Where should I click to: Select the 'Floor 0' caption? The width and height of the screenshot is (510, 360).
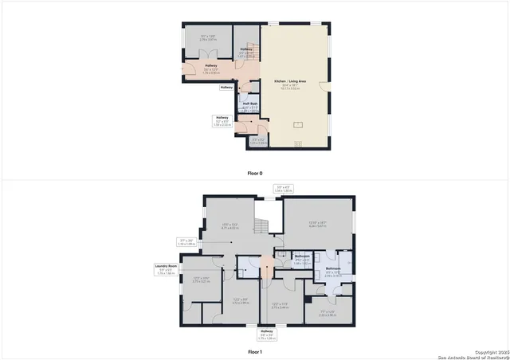click(254, 173)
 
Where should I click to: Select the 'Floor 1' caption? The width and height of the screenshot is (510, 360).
click(254, 351)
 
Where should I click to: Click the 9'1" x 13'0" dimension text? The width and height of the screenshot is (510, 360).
click(207, 37)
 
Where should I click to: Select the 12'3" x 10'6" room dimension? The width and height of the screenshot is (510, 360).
click(202, 280)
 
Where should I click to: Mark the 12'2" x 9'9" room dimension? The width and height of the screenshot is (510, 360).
click(241, 301)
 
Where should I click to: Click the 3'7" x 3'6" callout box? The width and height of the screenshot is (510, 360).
click(186, 242)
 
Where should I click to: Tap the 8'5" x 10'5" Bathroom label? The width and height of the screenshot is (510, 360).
click(333, 271)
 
